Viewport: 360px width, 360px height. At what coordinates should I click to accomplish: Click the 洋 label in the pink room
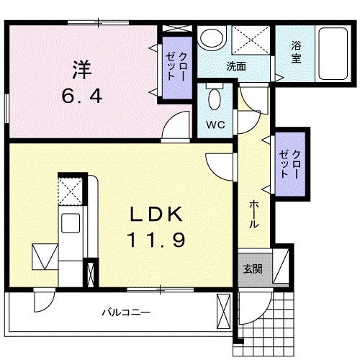80,71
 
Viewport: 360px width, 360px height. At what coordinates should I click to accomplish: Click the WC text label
216,125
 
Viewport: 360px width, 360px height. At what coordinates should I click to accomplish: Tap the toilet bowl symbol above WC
215,98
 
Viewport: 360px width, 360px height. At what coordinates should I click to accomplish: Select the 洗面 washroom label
236,66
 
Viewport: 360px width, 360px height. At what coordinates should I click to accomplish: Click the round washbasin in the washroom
212,40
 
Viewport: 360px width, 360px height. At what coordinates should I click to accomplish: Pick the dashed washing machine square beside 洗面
251,40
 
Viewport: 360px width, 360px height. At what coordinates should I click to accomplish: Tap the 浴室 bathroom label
296,53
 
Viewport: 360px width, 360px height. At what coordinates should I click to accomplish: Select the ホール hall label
253,214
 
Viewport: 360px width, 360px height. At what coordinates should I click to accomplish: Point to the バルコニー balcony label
125,313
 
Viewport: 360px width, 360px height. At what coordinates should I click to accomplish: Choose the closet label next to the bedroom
176,67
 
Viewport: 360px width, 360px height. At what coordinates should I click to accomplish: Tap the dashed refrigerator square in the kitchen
69,190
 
